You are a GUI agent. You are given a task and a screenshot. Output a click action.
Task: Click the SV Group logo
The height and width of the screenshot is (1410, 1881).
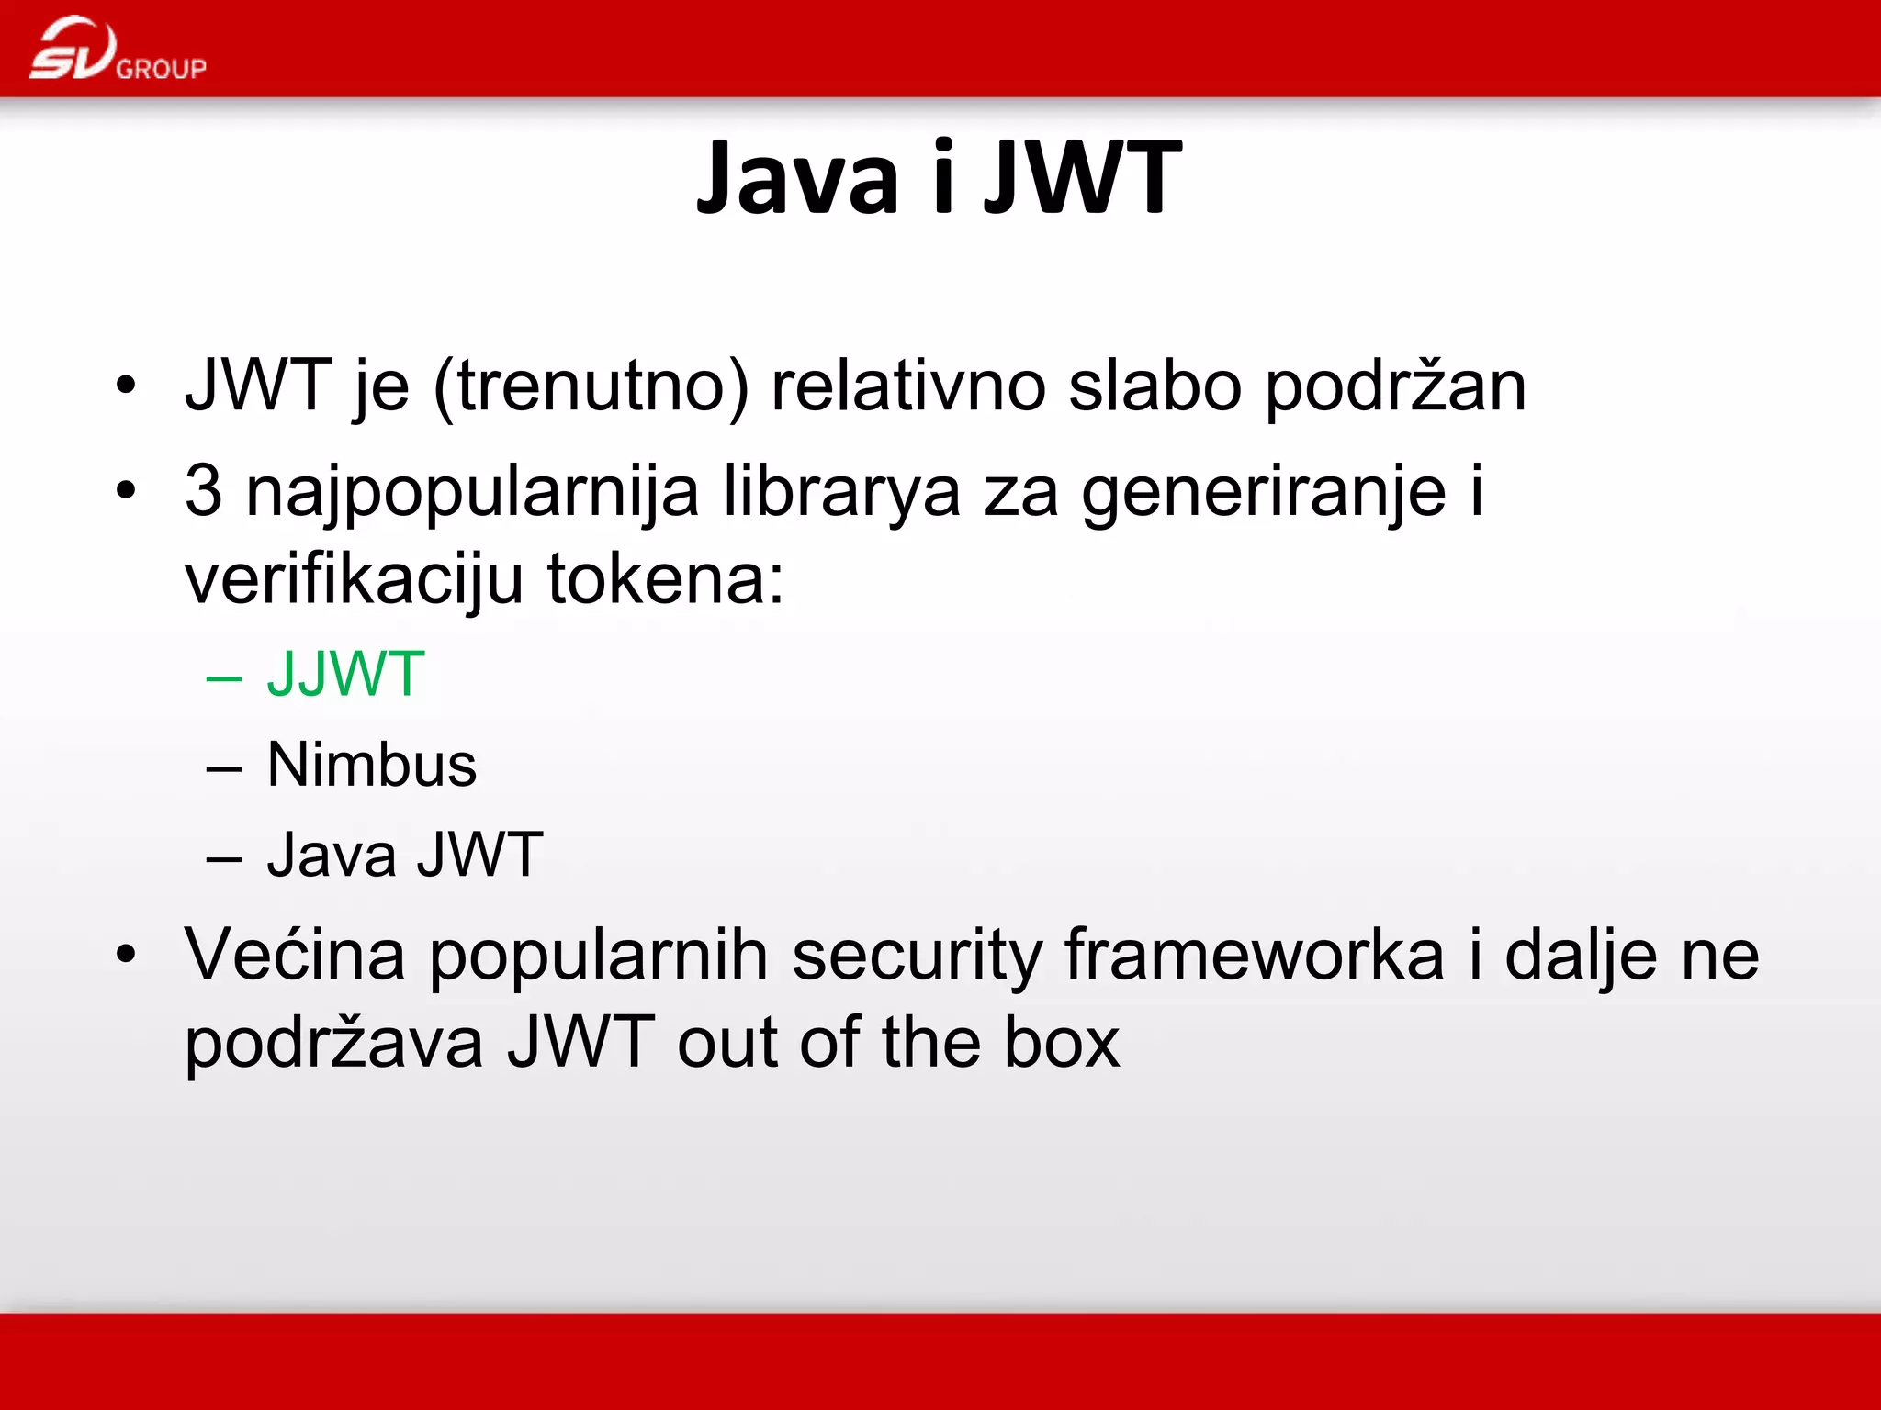[118, 50]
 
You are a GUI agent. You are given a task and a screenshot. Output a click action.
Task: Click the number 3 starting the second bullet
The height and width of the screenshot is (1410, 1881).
[203, 490]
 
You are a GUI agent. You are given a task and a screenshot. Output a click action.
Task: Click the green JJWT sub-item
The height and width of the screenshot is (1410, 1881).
[345, 675]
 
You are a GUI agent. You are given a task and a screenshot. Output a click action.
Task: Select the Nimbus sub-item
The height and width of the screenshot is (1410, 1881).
[372, 765]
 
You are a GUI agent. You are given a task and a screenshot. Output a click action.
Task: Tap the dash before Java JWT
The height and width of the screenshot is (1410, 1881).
[224, 859]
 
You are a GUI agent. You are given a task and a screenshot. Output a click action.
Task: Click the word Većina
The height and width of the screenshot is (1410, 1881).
[295, 956]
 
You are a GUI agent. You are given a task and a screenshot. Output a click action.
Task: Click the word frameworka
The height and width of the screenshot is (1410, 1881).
[1255, 956]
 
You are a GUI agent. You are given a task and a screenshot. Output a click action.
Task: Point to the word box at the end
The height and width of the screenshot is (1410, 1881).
[1062, 1043]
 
